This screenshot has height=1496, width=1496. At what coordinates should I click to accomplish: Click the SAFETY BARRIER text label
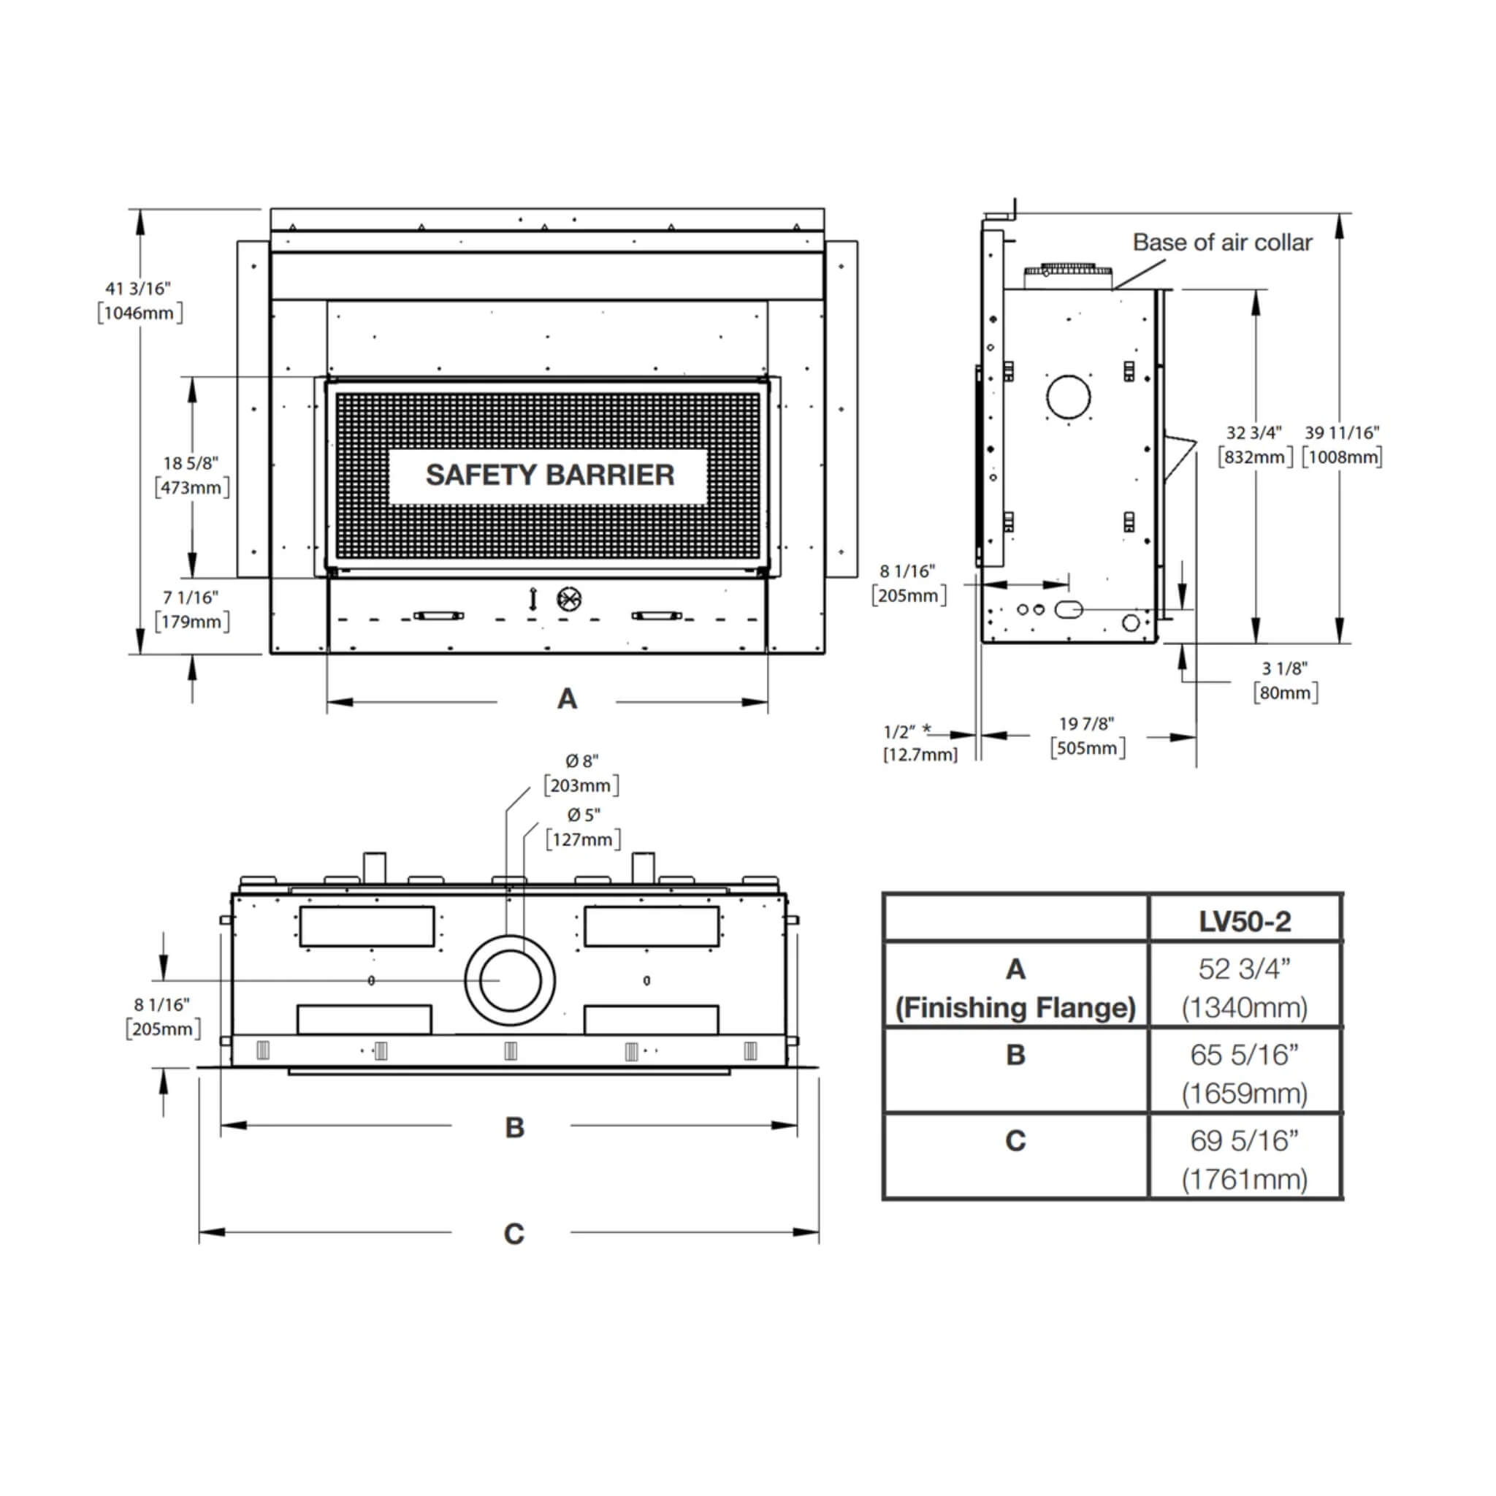tap(549, 476)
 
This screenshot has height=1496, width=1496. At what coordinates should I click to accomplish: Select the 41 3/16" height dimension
tap(140, 300)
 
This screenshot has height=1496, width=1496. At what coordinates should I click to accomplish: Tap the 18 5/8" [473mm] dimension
tap(191, 476)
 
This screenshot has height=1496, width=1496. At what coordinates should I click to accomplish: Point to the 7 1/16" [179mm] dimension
tap(191, 609)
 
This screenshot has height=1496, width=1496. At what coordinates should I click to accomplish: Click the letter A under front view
tap(567, 699)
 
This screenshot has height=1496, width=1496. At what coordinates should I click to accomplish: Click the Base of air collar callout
tap(1222, 243)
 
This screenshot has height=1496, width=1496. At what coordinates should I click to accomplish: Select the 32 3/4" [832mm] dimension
tap(1253, 444)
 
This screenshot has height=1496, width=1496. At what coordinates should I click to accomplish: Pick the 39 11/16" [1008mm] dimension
tap(1342, 444)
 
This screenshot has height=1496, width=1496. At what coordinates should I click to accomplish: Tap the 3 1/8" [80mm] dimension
tap(1285, 680)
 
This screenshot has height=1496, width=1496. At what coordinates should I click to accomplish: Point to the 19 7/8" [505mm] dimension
tap(1086, 736)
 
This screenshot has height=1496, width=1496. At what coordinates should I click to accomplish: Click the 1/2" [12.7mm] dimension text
tap(918, 743)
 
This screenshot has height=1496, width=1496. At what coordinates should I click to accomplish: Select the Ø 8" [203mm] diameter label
tap(581, 774)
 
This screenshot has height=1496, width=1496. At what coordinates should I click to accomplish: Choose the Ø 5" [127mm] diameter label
tap(583, 828)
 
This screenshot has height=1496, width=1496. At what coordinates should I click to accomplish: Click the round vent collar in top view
tap(510, 980)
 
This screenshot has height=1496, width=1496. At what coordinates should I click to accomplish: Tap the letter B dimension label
tap(514, 1128)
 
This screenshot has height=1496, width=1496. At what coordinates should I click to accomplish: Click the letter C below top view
tap(514, 1234)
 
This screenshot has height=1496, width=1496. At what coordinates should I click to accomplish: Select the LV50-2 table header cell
tap(1244, 921)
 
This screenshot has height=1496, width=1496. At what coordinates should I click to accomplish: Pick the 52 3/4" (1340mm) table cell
tap(1244, 988)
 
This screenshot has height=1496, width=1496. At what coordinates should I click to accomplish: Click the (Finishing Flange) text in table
tap(1015, 1007)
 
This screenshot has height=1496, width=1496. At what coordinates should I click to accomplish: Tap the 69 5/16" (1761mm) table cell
tap(1244, 1159)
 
